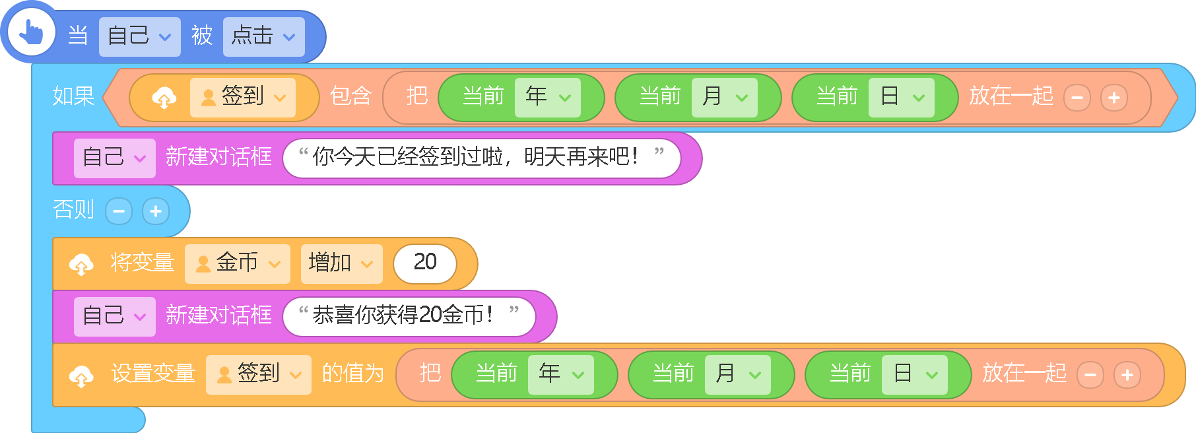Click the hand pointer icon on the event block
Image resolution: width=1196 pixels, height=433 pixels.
(x=30, y=32)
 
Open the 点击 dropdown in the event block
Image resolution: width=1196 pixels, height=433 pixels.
(x=263, y=36)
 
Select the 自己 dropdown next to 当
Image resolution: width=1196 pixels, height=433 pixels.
(x=139, y=36)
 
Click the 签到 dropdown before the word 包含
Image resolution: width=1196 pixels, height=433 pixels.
(x=242, y=98)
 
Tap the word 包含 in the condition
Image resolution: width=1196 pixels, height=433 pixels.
(x=350, y=96)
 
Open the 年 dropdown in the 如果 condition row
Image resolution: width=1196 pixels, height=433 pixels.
(x=547, y=98)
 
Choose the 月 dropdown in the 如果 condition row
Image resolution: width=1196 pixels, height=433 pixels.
(x=724, y=98)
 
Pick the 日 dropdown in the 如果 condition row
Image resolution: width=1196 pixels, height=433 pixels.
(x=901, y=98)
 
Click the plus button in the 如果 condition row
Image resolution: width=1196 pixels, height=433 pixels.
(x=1114, y=98)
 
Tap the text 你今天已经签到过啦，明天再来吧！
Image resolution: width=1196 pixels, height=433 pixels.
(x=475, y=157)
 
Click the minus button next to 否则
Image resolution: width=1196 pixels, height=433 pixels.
(x=119, y=211)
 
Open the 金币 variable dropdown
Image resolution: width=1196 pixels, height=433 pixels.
(x=237, y=264)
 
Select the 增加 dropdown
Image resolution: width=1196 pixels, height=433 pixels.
(x=341, y=264)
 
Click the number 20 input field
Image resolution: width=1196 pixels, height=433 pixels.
(x=425, y=264)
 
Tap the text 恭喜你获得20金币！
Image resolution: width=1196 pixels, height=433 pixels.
(x=403, y=316)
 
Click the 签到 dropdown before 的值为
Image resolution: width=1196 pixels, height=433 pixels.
(x=258, y=375)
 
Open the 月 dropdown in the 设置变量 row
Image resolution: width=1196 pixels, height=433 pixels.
(x=737, y=375)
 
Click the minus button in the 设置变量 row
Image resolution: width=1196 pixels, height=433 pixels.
(x=1090, y=375)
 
